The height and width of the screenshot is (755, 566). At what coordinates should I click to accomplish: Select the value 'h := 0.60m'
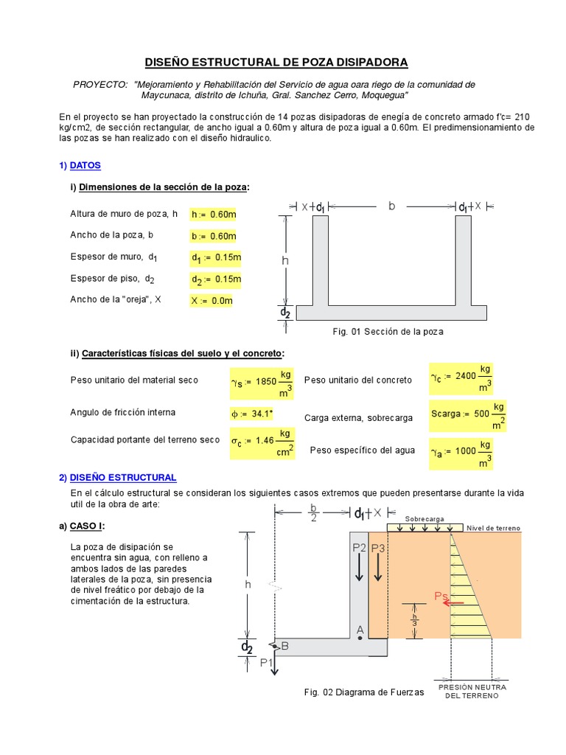(x=214, y=215)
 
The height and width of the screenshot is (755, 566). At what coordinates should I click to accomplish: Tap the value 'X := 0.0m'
(x=212, y=301)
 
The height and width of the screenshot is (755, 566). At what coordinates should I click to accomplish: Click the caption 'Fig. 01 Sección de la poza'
(x=388, y=332)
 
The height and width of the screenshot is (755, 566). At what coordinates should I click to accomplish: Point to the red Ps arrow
(x=453, y=602)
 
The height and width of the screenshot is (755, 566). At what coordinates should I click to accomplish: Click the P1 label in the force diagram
(x=268, y=663)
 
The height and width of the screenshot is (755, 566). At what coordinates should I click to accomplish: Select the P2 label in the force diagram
(x=359, y=548)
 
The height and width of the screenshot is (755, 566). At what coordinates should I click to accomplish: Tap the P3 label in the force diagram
(x=378, y=548)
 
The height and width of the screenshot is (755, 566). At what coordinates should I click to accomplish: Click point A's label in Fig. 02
(x=360, y=629)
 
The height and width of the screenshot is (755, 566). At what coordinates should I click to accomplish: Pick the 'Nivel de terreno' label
(x=494, y=528)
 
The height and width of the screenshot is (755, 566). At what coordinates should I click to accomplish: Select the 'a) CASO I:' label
(x=82, y=526)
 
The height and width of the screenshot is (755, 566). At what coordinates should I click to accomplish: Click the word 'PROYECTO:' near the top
(x=100, y=85)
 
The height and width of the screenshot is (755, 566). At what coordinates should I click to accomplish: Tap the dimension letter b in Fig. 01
(x=392, y=206)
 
